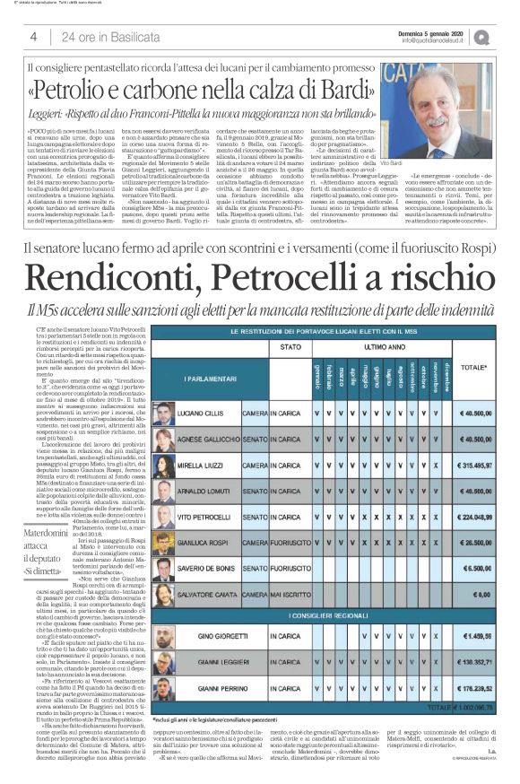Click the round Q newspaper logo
tap(507, 37)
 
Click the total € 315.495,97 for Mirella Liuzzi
tap(474, 466)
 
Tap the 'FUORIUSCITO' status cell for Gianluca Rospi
tap(306, 543)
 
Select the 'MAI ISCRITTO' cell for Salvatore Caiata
tap(306, 594)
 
